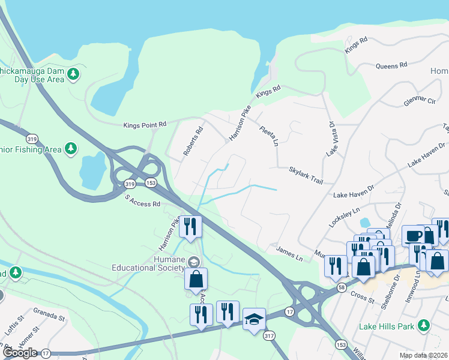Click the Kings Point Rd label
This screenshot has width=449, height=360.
(x=145, y=125)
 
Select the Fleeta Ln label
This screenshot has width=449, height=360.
(x=269, y=136)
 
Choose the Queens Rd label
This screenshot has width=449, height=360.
(x=391, y=65)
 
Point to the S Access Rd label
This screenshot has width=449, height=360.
(x=142, y=200)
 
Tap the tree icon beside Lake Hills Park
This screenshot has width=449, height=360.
(x=424, y=326)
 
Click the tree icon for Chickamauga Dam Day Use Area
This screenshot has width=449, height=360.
(x=73, y=74)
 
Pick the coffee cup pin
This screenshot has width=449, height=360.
(x=413, y=235)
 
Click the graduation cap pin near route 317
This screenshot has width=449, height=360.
(x=254, y=318)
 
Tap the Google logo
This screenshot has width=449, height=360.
(x=19, y=353)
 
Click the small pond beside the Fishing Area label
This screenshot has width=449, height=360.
(x=92, y=170)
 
